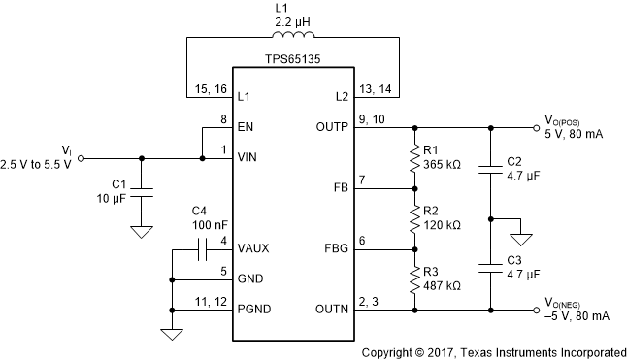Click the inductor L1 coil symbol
pyautogui.click(x=292, y=41)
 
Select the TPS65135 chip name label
pyautogui.click(x=292, y=58)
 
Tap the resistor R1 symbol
pyautogui.click(x=416, y=157)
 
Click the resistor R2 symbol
pyautogui.click(x=416, y=220)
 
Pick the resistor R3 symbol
pyautogui.click(x=416, y=281)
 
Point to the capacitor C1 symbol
pyautogui.click(x=143, y=192)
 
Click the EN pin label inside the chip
pyautogui.click(x=248, y=126)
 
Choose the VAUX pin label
pyautogui.click(x=255, y=248)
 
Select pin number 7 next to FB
pyautogui.click(x=362, y=180)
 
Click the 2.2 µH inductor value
pyautogui.click(x=292, y=21)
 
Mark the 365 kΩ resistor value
pyautogui.click(x=443, y=165)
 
